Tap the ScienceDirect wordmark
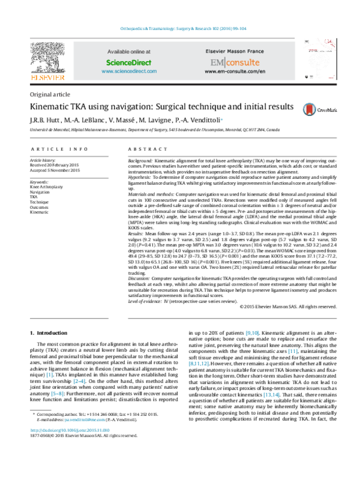click(x=128, y=62)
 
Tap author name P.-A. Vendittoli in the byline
click(x=202, y=120)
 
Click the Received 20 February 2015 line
click(x=55, y=166)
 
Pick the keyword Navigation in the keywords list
click(x=41, y=192)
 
